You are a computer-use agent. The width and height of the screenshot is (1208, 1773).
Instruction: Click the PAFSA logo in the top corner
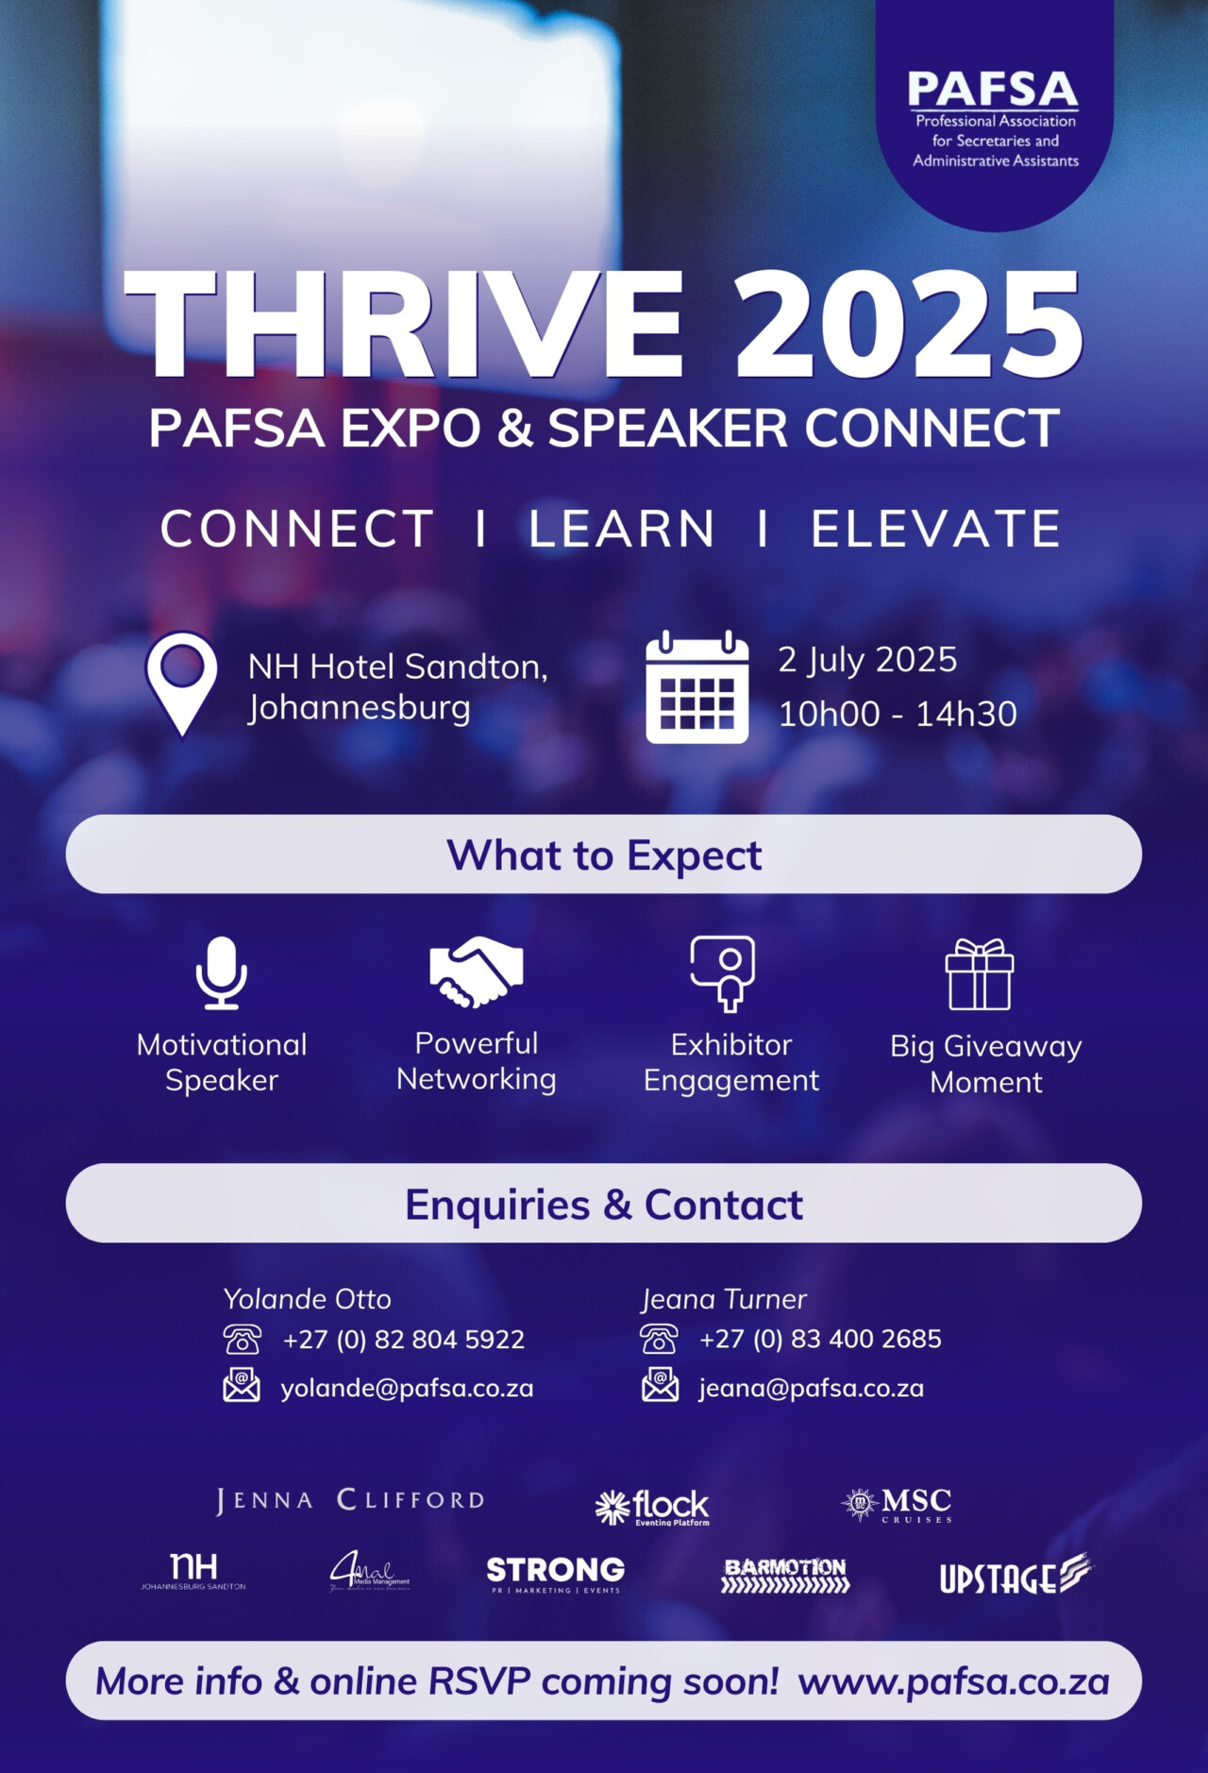click(x=993, y=117)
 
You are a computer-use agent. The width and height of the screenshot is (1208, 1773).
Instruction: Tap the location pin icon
click(x=181, y=682)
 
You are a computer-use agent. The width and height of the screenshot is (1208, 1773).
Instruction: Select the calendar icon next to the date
click(x=696, y=687)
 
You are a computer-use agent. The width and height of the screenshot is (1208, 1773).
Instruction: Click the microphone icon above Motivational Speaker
click(x=222, y=972)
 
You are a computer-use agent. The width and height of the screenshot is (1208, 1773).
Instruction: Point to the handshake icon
click(x=477, y=971)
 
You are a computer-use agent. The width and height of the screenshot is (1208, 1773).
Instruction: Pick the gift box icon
click(x=980, y=974)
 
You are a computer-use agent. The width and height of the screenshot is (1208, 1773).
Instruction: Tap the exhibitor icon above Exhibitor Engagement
click(x=723, y=972)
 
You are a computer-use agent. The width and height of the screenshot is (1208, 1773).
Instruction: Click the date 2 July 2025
click(x=867, y=659)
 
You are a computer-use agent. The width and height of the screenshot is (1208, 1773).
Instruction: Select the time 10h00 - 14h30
click(x=897, y=714)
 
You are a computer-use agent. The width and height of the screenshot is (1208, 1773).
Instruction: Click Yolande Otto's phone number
click(x=403, y=1339)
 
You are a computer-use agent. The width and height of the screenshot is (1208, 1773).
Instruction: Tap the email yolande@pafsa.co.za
click(x=407, y=1388)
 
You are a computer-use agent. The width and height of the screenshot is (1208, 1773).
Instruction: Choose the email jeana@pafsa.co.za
click(x=811, y=1388)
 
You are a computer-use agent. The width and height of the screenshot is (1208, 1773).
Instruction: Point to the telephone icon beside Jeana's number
click(x=659, y=1339)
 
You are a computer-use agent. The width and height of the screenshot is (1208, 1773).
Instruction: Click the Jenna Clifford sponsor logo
click(x=350, y=1500)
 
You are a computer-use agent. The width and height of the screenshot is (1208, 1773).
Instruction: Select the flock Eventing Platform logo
click(x=652, y=1507)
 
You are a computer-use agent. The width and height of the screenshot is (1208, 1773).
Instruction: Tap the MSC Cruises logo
click(x=898, y=1503)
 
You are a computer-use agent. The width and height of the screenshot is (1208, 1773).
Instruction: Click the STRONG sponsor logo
click(x=555, y=1574)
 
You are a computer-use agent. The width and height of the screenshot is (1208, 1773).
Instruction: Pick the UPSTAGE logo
click(x=1015, y=1575)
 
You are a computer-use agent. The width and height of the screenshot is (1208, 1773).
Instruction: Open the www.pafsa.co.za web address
click(x=953, y=1681)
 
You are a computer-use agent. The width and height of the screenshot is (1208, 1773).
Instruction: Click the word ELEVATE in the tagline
click(x=936, y=529)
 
